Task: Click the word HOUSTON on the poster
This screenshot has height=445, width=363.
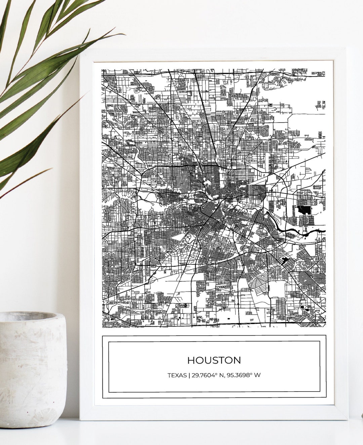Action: pos(214,360)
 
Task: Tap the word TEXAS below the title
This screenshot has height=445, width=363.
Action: pos(177,375)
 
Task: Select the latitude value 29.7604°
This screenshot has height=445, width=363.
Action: pos(206,375)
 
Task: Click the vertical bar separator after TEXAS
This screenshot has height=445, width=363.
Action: pos(189,375)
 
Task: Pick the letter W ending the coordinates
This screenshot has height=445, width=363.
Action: pos(257,375)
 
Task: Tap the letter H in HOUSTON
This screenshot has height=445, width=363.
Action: pos(191,360)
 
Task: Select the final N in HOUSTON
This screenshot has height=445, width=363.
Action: pos(237,360)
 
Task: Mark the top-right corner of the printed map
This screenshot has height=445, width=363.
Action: pos(325,70)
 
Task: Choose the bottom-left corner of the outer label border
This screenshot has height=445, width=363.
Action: pos(103,397)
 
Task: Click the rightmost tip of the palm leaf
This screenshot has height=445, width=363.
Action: pos(125,34)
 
